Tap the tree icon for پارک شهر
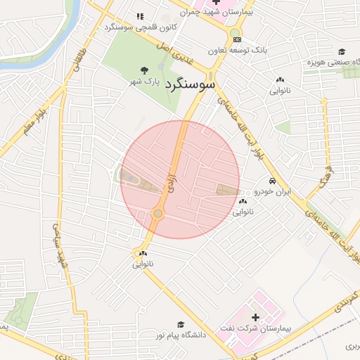click(x=144, y=70)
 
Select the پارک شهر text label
click(x=143, y=81)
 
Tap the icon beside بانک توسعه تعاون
click(x=237, y=39)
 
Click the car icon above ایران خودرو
click(x=262, y=181)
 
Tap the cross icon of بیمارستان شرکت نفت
click(x=255, y=318)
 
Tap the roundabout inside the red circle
click(x=158, y=213)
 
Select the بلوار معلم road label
click(x=32, y=120)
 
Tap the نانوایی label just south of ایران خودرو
click(x=242, y=210)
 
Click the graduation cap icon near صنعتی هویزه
click(x=342, y=51)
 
